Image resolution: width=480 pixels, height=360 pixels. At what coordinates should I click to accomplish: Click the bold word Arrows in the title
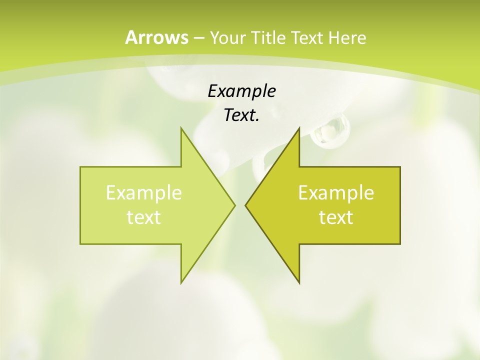point(156,37)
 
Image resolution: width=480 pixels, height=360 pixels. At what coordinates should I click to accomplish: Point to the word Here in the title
point(347,38)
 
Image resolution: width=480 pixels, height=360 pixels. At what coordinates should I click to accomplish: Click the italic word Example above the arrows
point(241,91)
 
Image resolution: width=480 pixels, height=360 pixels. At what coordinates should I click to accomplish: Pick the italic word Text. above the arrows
point(241,115)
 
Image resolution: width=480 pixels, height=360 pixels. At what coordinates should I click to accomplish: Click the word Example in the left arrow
point(144,192)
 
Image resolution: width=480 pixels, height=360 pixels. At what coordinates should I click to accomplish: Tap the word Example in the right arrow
point(336,192)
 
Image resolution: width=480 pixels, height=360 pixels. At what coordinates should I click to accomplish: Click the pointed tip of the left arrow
point(235,204)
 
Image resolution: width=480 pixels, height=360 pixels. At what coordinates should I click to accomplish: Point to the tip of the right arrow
point(245,204)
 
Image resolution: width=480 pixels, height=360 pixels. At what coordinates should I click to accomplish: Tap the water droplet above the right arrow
point(330,129)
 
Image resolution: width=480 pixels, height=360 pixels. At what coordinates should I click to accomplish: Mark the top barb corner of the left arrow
point(181,127)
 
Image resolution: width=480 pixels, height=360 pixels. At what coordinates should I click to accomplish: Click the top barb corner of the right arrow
point(299,127)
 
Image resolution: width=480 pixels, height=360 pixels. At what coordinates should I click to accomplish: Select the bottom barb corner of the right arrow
point(299,283)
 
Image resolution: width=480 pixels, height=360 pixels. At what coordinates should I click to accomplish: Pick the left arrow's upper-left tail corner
point(80,167)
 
